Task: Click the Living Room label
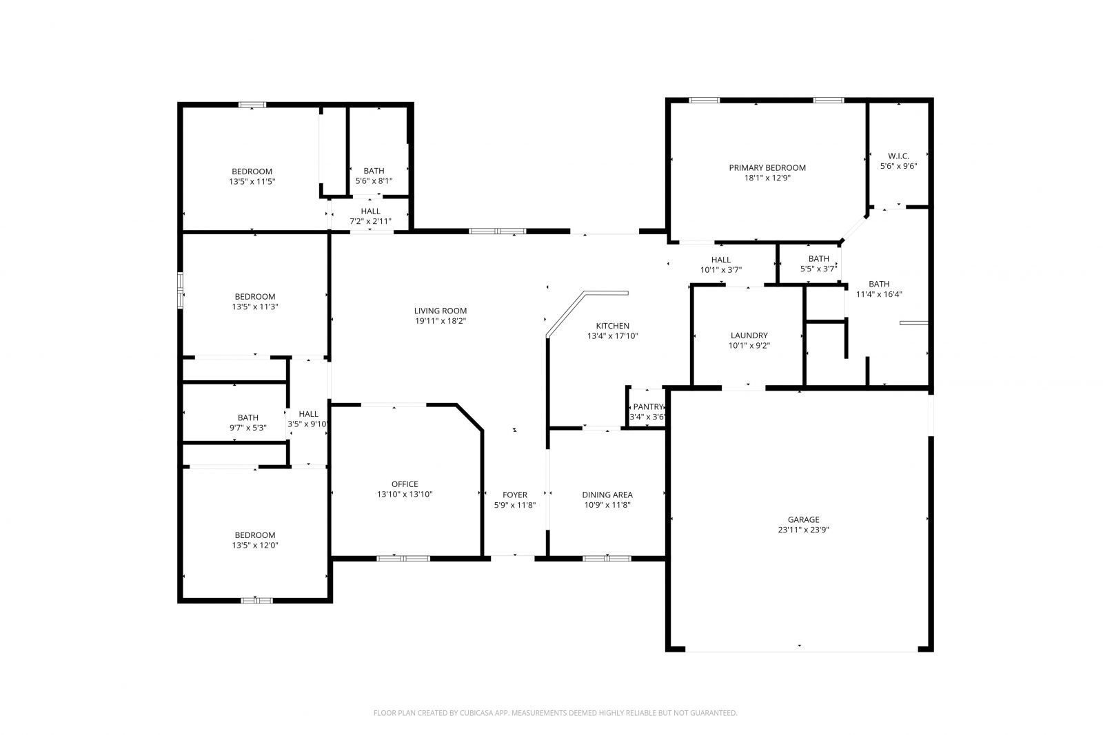pyautogui.click(x=440, y=311)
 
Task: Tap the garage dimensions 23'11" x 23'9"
pyautogui.click(x=804, y=530)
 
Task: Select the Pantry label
pyautogui.click(x=648, y=406)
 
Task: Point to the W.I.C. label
pyautogui.click(x=898, y=156)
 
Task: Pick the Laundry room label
pyautogui.click(x=749, y=335)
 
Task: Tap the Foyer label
pyautogui.click(x=515, y=495)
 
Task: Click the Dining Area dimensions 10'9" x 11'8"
pyautogui.click(x=607, y=505)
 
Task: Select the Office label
pyautogui.click(x=405, y=484)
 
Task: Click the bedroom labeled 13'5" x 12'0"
pyautogui.click(x=255, y=535)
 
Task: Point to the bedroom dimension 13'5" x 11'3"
pyautogui.click(x=255, y=307)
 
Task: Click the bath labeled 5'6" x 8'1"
pyautogui.click(x=374, y=171)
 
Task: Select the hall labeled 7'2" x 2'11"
pyautogui.click(x=370, y=211)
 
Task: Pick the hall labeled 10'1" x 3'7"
pyautogui.click(x=721, y=260)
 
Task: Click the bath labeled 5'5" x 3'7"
pyautogui.click(x=819, y=259)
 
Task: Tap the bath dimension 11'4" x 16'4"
pyautogui.click(x=879, y=294)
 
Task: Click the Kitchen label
pyautogui.click(x=613, y=326)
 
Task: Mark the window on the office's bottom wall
pyautogui.click(x=403, y=558)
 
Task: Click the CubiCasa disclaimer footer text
pyautogui.click(x=555, y=713)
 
